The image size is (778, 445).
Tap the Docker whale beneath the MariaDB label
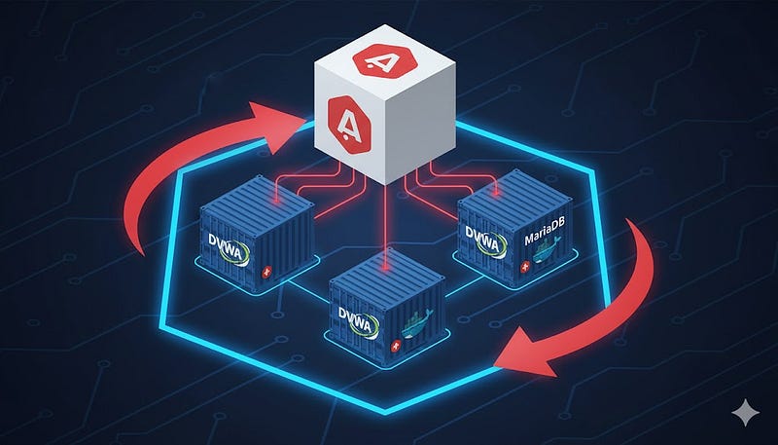click(x=546, y=250)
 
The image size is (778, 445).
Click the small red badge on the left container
click(x=267, y=272)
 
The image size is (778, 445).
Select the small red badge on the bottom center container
click(x=396, y=347)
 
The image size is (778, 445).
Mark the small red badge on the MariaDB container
click(x=524, y=268)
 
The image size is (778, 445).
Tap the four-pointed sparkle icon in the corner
click(x=745, y=413)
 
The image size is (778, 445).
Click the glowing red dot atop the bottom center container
click(x=385, y=269)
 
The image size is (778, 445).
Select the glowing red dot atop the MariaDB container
click(x=496, y=194)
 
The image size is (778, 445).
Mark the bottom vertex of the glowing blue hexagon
click(x=385, y=411)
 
